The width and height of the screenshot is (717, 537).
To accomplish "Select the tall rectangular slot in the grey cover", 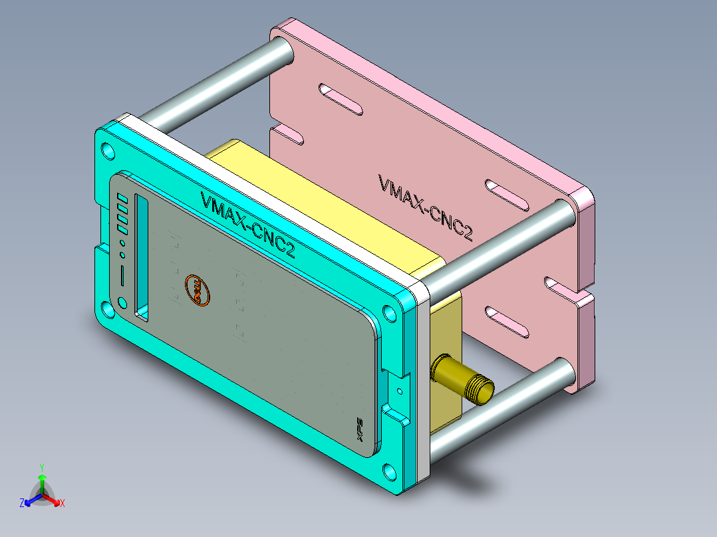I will (142, 256).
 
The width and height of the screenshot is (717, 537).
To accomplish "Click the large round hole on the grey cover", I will (122, 303).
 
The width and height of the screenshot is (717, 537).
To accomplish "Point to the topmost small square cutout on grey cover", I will (122, 198).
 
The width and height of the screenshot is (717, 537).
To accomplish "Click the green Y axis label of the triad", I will (41, 467).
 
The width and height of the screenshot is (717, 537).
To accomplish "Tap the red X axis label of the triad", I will (63, 504).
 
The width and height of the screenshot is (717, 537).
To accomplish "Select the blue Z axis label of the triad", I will (22, 504).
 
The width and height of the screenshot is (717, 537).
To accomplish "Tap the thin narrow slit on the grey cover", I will (122, 274).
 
